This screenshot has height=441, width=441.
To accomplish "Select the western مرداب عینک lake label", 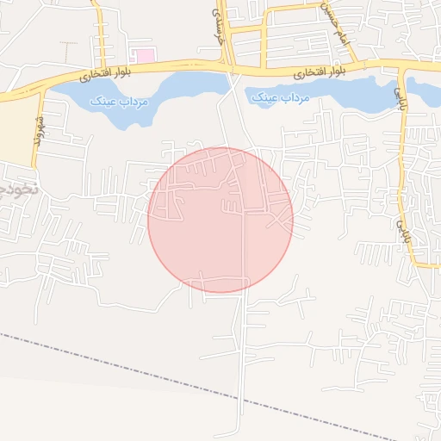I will [120, 101].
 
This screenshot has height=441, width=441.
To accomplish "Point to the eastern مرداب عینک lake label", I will [280, 99].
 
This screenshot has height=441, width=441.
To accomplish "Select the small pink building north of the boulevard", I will [146, 56].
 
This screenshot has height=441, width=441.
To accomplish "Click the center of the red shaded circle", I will [220, 220].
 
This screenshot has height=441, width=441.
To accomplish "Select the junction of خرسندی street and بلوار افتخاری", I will [228, 66].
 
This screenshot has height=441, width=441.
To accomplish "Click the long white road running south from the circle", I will [245, 362].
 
